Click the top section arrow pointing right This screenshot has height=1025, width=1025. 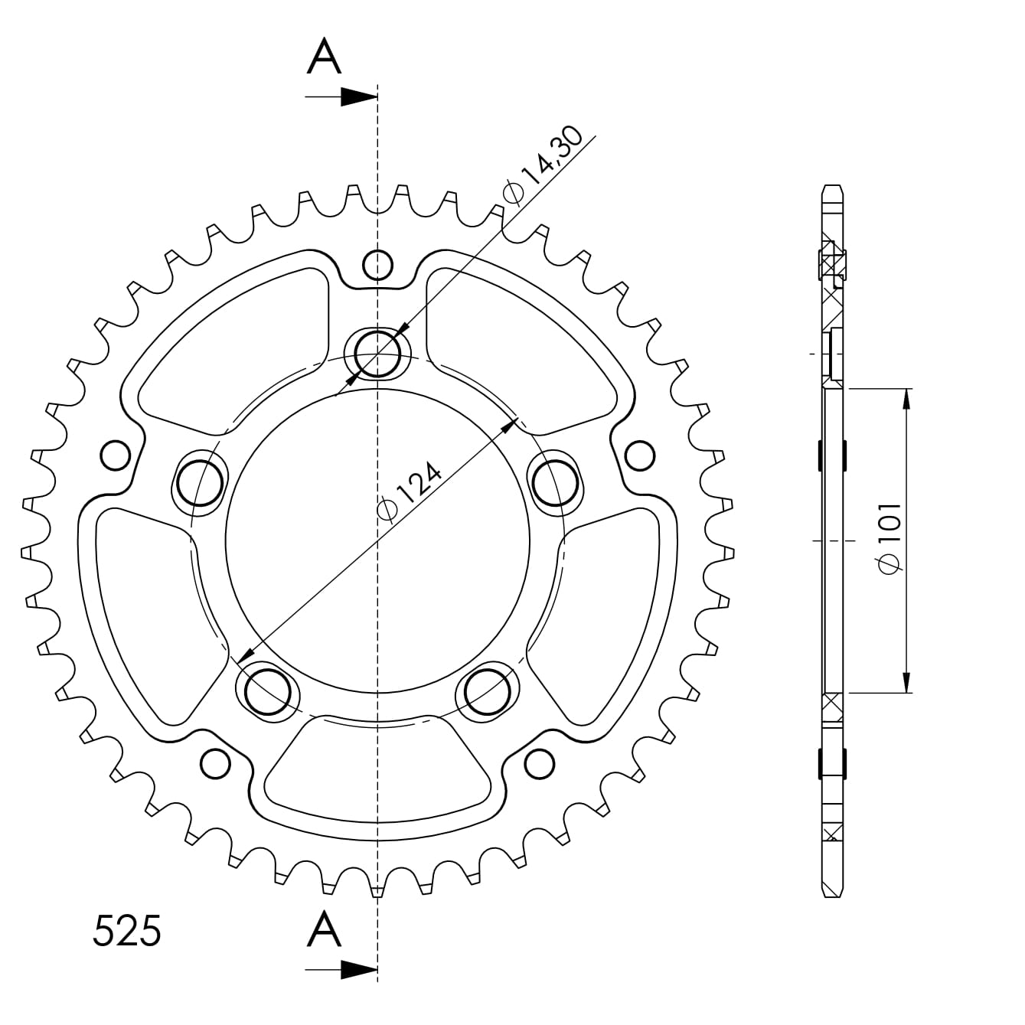341,96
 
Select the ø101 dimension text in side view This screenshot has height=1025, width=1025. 890,538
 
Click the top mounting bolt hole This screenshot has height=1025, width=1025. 377,353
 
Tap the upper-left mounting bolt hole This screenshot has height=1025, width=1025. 200,484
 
